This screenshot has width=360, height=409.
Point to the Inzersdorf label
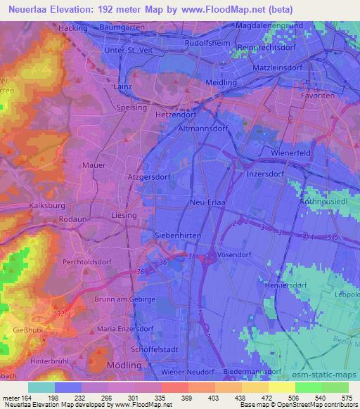point(266,173)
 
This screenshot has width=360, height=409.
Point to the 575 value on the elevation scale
point(347,397)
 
